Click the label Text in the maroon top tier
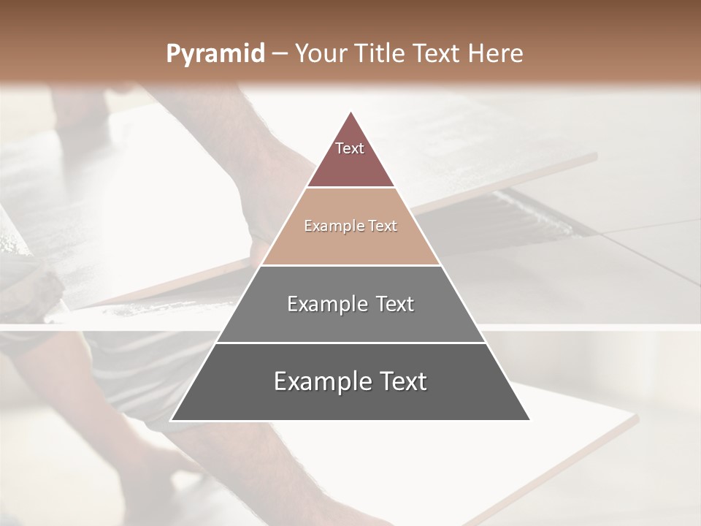click(x=350, y=148)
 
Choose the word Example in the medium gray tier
click(x=324, y=304)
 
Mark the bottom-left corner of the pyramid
click(x=172, y=420)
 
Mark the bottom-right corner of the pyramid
click(x=529, y=420)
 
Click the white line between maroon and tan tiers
click(x=350, y=188)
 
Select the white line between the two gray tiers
click(x=350, y=343)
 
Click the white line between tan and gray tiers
click(x=350, y=265)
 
